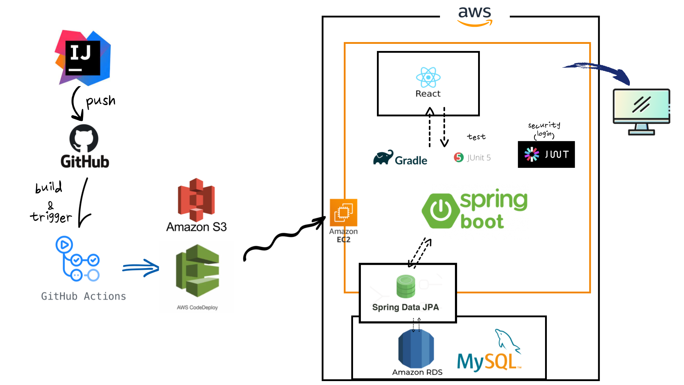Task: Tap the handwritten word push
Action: [x=101, y=101]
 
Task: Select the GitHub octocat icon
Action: [x=84, y=138]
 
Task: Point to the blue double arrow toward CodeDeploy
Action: [x=141, y=268]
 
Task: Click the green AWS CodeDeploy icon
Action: [x=198, y=271]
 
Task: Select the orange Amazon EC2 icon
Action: [x=343, y=212]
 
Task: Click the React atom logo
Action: [x=428, y=77]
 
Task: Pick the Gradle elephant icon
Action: [x=383, y=158]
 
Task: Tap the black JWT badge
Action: [x=546, y=154]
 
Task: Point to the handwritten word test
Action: [x=476, y=137]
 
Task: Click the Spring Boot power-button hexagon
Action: [x=441, y=211]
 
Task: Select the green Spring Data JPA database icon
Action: [x=406, y=286]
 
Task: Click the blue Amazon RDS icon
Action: [x=416, y=349]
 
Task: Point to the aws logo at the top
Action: [x=475, y=16]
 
